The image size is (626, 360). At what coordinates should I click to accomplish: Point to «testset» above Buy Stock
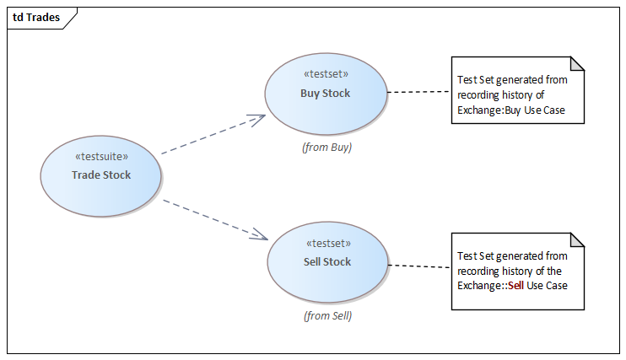pos(325,74)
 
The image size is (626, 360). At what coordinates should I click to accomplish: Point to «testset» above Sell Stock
pos(327,243)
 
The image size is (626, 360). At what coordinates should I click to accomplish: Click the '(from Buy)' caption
pos(326,147)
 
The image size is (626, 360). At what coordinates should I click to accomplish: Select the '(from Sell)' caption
pos(327,316)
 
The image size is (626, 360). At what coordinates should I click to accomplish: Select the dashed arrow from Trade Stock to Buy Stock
pos(207,137)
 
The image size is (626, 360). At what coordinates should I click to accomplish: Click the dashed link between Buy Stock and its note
pos(418,91)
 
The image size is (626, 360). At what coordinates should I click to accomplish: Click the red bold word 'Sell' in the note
pos(515,286)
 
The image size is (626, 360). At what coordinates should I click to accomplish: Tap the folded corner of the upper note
pos(577,63)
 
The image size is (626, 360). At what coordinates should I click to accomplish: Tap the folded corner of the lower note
pos(577,239)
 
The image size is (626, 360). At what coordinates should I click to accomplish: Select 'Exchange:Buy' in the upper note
pos(488,110)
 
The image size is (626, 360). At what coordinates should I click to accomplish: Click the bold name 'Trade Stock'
pos(101,175)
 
